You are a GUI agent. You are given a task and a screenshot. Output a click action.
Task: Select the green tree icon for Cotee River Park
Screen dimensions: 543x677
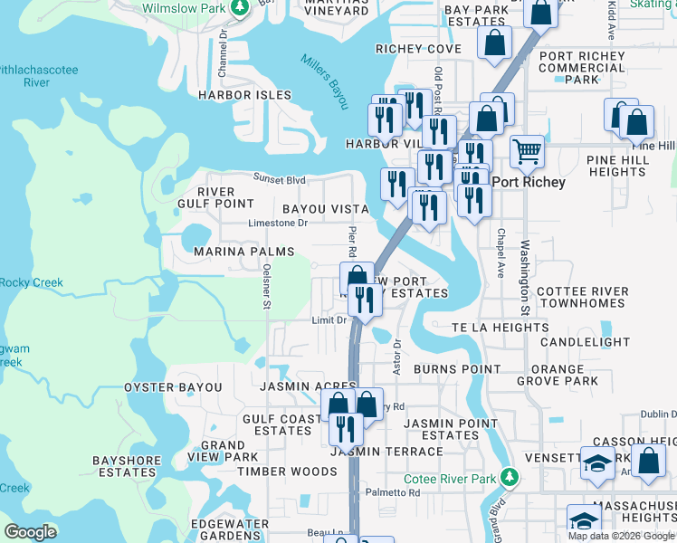pos(510,476)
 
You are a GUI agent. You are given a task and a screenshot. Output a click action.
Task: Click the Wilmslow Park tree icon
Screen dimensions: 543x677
pos(239,8)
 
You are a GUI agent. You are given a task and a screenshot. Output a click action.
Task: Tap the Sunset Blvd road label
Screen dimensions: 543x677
pos(279,179)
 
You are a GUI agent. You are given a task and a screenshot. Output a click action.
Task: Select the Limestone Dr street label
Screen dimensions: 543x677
pos(279,223)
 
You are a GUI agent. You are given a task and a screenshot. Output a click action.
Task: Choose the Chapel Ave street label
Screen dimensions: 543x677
pos(500,252)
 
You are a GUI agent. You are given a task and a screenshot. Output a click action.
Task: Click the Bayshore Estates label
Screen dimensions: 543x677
pos(127,466)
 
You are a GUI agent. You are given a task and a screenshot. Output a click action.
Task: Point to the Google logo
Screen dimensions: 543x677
pos(31,531)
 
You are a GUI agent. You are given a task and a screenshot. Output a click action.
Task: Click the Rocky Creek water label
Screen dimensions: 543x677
pos(32,283)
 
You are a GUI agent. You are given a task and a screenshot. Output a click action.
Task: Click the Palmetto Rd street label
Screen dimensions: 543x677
pos(393,493)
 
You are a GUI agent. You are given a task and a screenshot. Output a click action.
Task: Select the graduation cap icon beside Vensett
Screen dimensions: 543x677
pos(597,464)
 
